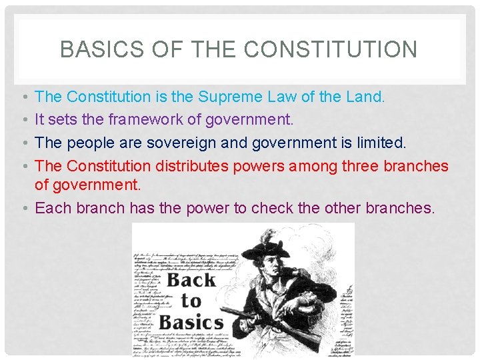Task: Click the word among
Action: click(317, 166)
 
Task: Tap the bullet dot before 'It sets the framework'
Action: click(24, 120)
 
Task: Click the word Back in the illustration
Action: click(191, 280)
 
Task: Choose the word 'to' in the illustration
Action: click(191, 301)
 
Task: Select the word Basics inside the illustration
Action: click(191, 323)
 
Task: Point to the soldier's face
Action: click(274, 261)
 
